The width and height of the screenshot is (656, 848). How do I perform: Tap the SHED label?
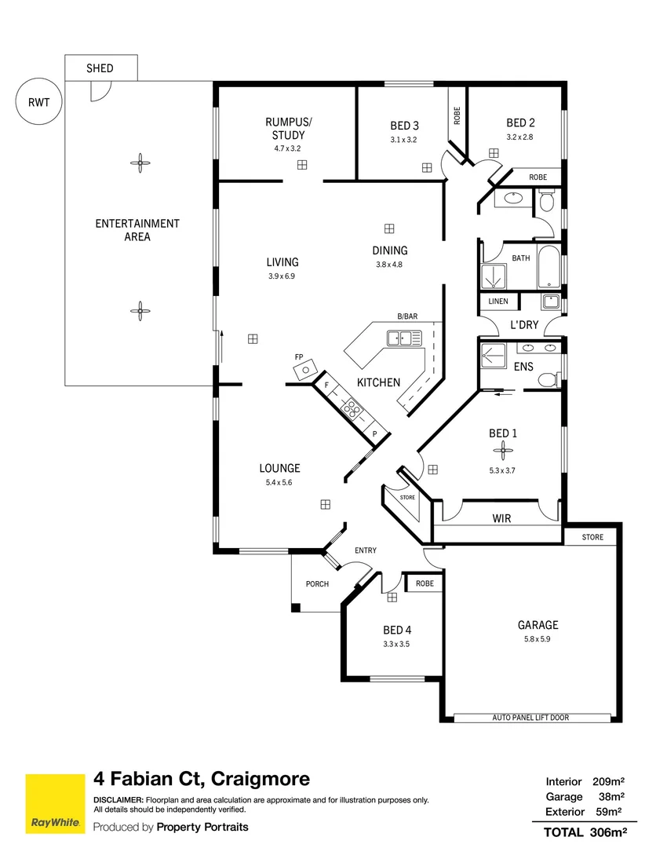(x=100, y=68)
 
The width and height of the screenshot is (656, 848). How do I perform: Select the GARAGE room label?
(x=538, y=625)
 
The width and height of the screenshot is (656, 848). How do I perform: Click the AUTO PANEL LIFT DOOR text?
(x=530, y=718)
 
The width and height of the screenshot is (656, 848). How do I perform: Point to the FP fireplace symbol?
(x=304, y=371)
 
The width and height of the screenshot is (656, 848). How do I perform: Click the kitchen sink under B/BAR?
(x=403, y=338)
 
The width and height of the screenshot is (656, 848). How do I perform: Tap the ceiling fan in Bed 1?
(x=502, y=450)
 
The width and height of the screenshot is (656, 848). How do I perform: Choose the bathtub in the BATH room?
(x=549, y=268)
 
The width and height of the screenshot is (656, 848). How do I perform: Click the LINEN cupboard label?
(x=498, y=302)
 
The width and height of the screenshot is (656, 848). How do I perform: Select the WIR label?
(x=501, y=518)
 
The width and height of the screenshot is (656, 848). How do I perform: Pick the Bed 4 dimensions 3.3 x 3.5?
(x=396, y=644)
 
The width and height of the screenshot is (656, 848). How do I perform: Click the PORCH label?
(x=317, y=583)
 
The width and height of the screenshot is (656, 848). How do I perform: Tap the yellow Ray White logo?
(x=55, y=804)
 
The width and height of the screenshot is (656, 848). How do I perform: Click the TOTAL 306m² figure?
(x=585, y=832)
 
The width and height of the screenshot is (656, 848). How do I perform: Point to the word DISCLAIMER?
(x=118, y=800)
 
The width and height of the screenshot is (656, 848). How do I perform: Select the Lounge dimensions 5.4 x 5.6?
(x=279, y=482)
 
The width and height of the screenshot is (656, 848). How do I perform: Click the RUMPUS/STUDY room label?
(x=288, y=128)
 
